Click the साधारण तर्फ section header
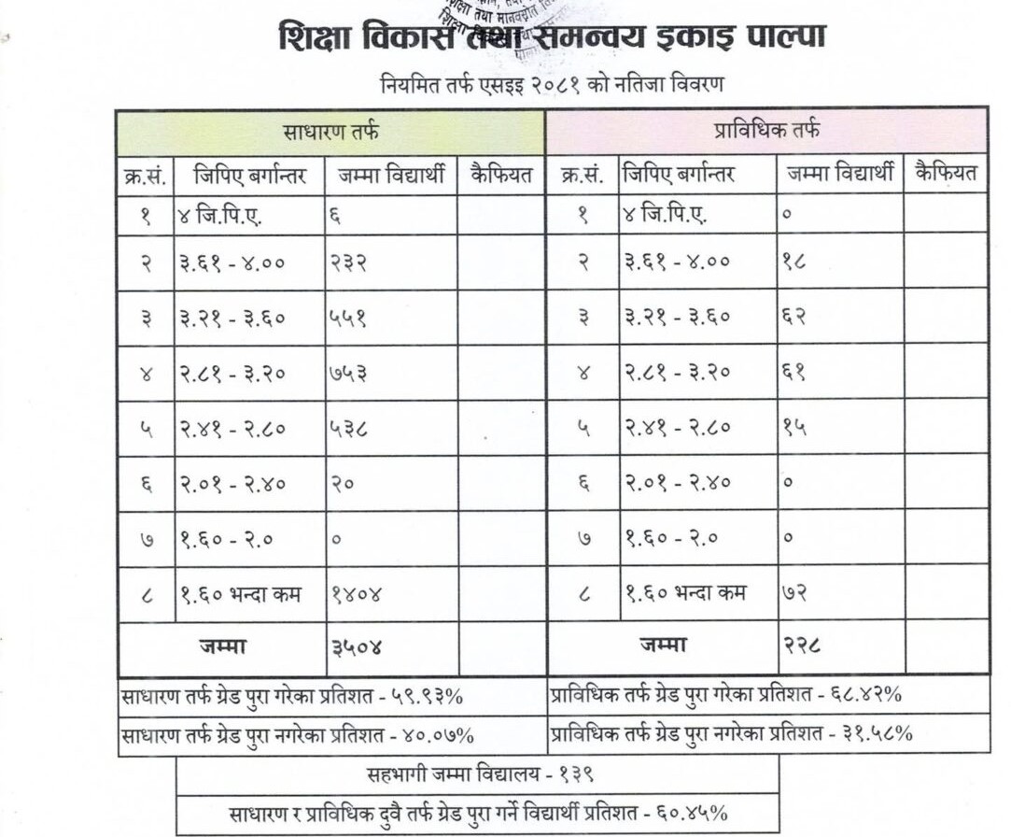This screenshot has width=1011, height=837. point(330,132)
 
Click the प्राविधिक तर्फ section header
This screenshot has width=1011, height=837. point(767,131)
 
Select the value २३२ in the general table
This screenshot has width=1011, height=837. point(347,262)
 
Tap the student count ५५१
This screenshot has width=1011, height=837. point(347,318)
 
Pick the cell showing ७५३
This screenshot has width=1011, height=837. point(347,374)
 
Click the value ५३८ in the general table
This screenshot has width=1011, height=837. point(347,429)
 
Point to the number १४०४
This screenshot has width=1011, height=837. point(357,594)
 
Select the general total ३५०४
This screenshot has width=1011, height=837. point(356,646)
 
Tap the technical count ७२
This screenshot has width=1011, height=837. point(794,593)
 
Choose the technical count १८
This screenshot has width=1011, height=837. point(794,262)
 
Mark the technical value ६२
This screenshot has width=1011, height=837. point(794,318)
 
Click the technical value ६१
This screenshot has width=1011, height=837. point(794,374)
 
